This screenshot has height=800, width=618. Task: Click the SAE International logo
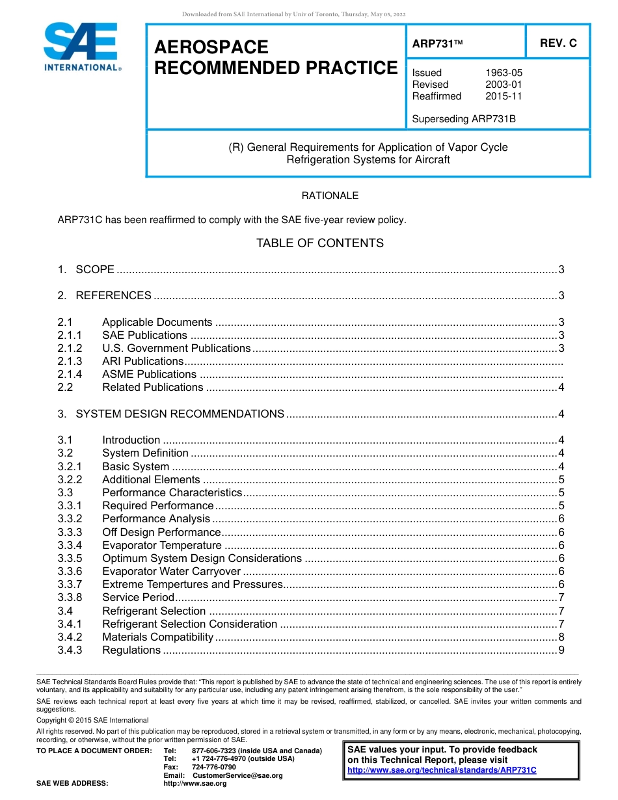tap(81, 47)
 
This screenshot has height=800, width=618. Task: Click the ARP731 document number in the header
tap(437, 44)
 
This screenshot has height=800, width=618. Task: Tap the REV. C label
tap(558, 44)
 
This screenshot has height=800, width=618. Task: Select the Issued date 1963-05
tap(504, 73)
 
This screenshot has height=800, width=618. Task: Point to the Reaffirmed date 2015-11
tap(504, 96)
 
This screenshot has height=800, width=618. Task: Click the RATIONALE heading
tap(330, 196)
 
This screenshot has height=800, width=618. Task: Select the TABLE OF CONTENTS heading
tap(319, 243)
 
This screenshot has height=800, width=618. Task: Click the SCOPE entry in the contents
tap(95, 269)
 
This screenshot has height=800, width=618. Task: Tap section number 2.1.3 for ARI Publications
tap(70, 361)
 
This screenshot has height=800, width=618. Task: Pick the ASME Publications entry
tap(149, 374)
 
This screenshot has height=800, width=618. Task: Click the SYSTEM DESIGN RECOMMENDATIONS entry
tap(180, 414)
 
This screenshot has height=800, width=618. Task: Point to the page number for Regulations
tap(561, 650)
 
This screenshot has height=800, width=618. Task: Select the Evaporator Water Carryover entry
tap(171, 571)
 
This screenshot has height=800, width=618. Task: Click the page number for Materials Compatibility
tap(561, 637)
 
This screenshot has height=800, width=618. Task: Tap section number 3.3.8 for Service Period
tap(70, 597)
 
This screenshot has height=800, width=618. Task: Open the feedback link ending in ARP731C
tap(442, 770)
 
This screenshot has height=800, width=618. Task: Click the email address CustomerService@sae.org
tap(237, 775)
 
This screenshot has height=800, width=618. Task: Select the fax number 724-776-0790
tap(214, 767)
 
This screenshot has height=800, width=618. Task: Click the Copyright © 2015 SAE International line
tap(92, 720)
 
